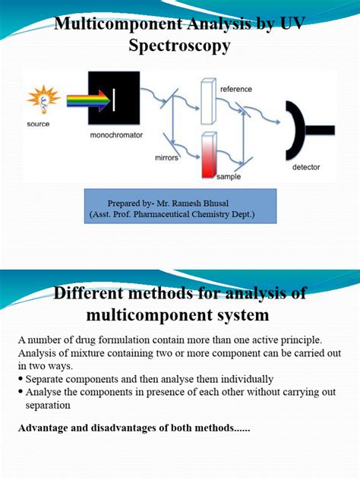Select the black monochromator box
pyautogui.click(x=114, y=99)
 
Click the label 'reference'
pyautogui.click(x=236, y=89)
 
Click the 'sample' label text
pyautogui.click(x=229, y=176)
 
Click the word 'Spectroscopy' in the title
pyautogui.click(x=180, y=47)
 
